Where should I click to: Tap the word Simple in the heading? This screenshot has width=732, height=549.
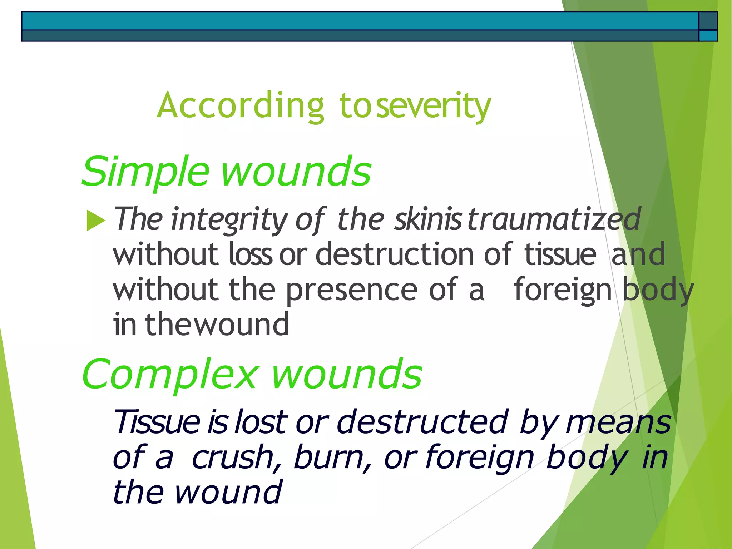point(145,172)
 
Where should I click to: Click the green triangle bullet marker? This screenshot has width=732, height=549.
point(95,220)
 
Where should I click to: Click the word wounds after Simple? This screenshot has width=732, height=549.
point(296,172)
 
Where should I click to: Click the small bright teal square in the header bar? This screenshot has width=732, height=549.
point(708,36)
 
